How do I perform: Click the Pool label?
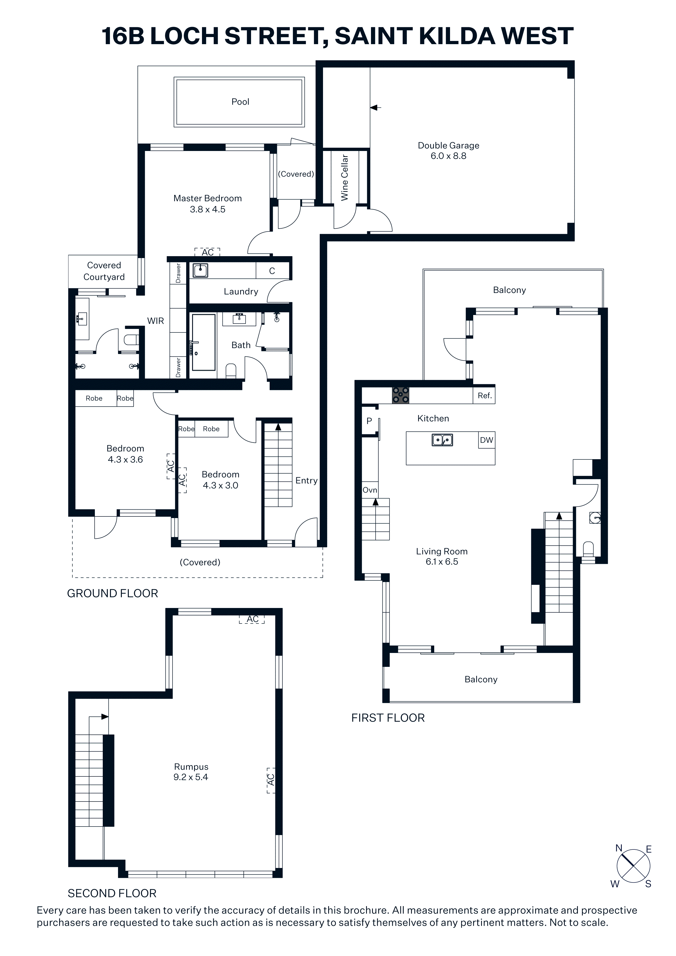tap(240, 102)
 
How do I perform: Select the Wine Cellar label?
tap(345, 178)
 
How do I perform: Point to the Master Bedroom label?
tap(207, 198)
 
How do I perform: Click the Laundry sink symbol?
tap(200, 271)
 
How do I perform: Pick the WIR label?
tap(155, 320)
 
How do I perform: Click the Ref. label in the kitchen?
tap(484, 395)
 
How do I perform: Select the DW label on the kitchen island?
tap(487, 440)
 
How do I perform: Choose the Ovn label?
tap(370, 490)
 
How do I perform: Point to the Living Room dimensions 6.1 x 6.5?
tap(442, 561)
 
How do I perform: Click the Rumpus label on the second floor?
tap(191, 767)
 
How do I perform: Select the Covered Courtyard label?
tap(104, 271)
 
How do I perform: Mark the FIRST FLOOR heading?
tap(388, 718)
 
